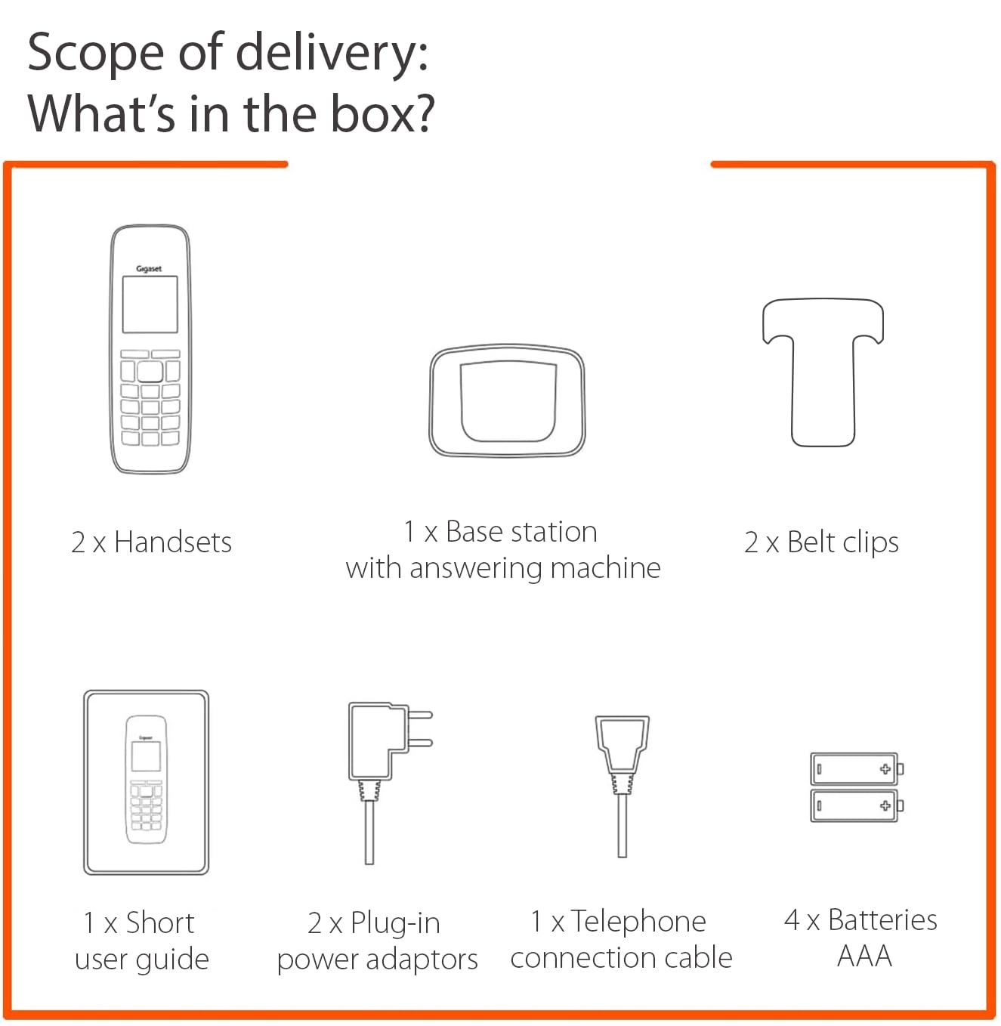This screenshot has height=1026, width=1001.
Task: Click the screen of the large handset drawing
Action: pos(150,304)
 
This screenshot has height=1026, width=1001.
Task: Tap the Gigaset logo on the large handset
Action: pos(149,269)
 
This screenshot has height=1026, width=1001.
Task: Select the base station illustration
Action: pos(507,400)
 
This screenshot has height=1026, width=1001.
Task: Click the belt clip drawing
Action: pos(823,372)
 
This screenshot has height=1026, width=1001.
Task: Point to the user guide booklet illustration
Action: pos(146,783)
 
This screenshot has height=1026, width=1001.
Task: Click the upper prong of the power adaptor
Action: pos(419,715)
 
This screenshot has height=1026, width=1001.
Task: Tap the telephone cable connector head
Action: pos(622,744)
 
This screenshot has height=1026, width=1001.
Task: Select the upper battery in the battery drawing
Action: pos(857,768)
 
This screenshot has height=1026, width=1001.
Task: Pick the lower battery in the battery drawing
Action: pos(857,805)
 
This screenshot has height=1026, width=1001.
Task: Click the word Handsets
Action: pos(173,542)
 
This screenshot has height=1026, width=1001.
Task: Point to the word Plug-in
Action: pos(395,925)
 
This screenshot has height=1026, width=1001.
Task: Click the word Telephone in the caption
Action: pos(638,921)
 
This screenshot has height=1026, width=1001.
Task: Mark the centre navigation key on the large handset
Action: pos(150,372)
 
